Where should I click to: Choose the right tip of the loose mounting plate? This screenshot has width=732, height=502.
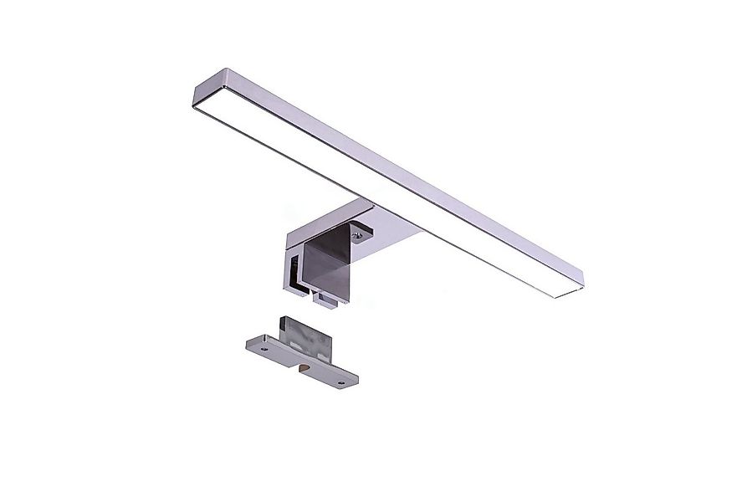(355, 382)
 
